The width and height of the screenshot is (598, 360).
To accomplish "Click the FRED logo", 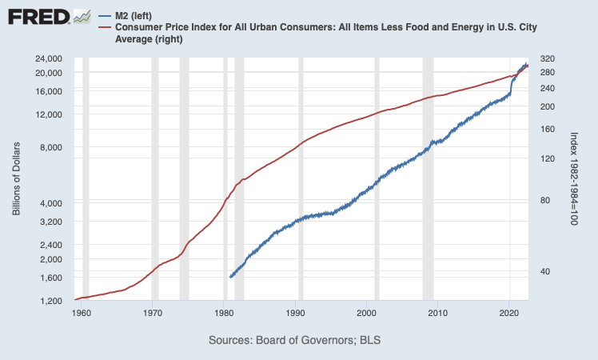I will point(36,15).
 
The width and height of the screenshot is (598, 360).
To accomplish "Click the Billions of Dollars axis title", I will point(16,180).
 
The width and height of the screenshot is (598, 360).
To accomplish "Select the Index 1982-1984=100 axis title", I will point(573,180).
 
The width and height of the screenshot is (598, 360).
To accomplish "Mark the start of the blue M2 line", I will point(230,277).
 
